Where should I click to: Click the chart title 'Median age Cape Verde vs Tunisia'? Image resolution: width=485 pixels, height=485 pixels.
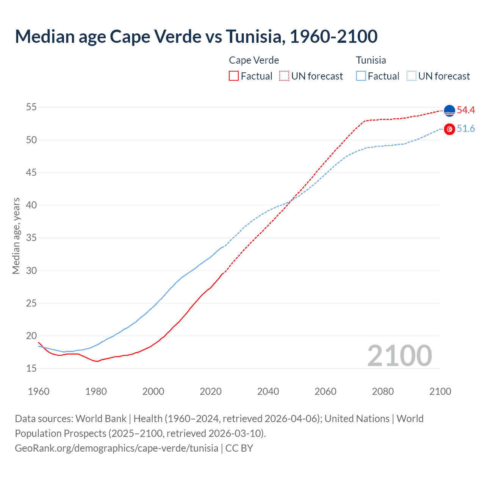click(x=196, y=36)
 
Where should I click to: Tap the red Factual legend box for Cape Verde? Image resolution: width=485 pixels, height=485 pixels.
click(x=234, y=76)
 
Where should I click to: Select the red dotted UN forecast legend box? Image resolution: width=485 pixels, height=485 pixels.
click(x=284, y=76)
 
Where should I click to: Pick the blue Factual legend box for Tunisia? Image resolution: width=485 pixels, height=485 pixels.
click(x=361, y=76)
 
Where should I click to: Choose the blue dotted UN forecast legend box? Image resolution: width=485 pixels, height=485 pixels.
click(x=411, y=76)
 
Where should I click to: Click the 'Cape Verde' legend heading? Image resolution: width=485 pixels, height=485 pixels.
click(x=254, y=60)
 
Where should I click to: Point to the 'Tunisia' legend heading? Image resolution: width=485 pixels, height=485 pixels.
click(x=371, y=60)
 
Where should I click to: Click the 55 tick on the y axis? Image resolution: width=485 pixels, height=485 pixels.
click(x=31, y=107)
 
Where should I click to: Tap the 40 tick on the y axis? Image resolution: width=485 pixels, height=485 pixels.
click(x=31, y=205)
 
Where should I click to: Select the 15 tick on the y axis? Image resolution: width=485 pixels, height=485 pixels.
click(x=31, y=369)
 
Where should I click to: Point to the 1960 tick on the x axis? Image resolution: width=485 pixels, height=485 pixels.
click(x=39, y=391)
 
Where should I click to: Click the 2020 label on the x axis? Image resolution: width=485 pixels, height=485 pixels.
click(x=211, y=391)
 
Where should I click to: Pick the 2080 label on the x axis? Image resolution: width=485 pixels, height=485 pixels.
click(x=383, y=391)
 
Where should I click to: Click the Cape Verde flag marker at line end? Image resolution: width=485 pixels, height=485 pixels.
click(x=449, y=111)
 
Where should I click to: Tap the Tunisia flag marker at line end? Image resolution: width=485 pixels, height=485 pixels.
click(x=449, y=129)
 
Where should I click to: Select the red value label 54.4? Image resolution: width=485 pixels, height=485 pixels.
click(x=466, y=110)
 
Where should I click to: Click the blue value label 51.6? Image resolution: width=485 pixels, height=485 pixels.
click(x=466, y=129)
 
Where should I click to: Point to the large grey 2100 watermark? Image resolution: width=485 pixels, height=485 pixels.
click(x=399, y=356)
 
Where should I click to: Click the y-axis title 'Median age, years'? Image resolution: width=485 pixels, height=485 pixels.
click(x=16, y=236)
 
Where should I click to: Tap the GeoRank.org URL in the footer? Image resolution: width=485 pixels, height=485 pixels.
click(x=116, y=448)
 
